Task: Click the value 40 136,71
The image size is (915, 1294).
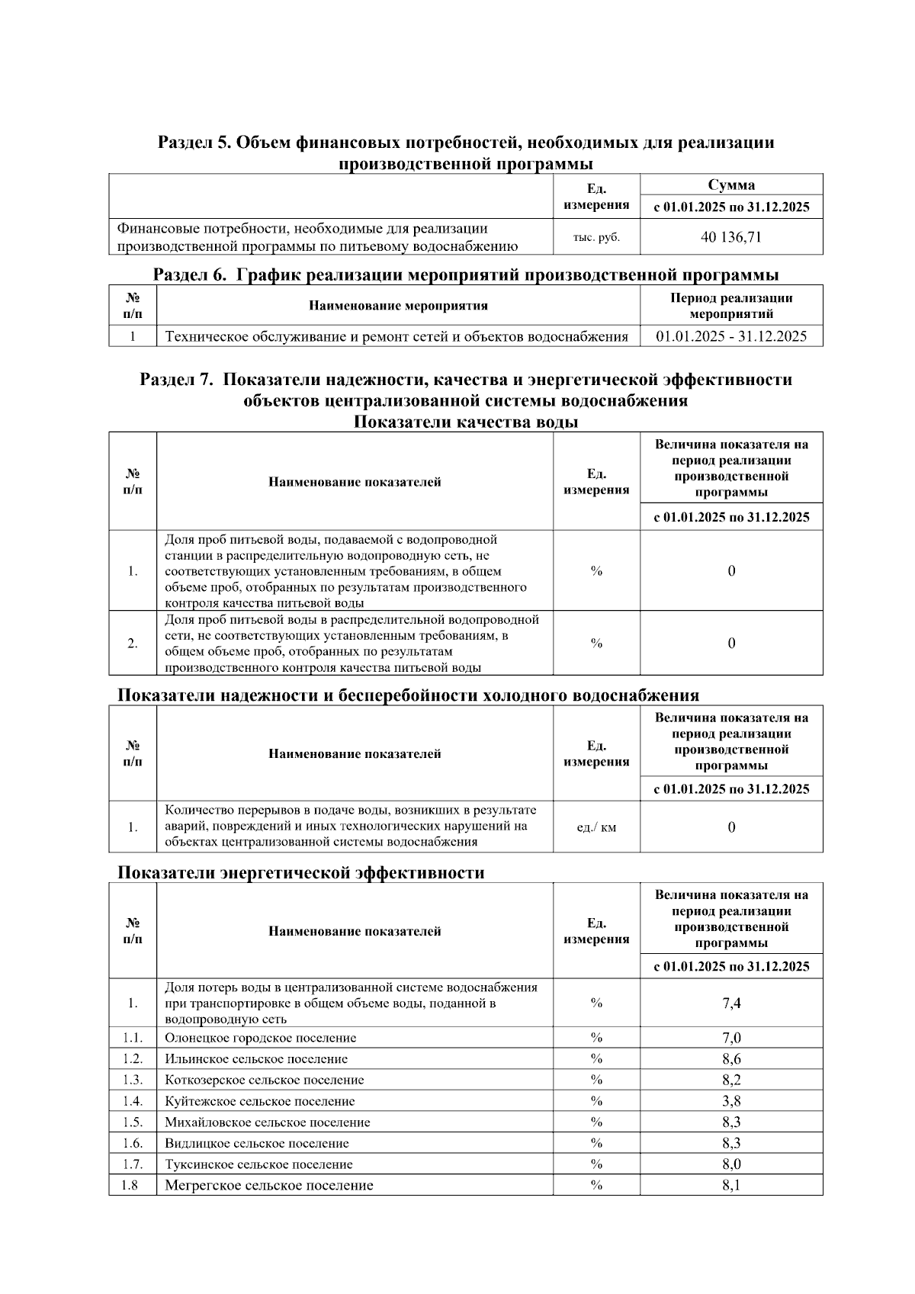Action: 730,237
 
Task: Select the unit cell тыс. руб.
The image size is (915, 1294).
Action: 596,237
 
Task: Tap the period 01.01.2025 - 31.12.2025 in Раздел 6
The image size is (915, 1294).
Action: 730,336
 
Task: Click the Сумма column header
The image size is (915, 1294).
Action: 730,185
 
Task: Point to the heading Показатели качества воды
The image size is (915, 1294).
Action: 465,422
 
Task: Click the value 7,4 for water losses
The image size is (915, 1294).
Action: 730,1003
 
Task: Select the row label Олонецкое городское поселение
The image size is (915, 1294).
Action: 260,1038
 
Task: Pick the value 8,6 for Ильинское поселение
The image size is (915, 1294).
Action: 730,1058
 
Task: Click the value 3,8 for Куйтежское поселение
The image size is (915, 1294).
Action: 730,1101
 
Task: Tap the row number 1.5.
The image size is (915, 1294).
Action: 133,1122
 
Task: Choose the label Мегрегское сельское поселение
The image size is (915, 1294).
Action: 268,1186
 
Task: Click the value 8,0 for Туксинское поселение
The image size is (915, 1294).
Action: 730,1164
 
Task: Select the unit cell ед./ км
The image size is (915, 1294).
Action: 596,827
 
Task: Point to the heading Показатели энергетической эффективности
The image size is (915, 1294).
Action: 300,873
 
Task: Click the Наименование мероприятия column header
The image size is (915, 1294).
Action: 398,306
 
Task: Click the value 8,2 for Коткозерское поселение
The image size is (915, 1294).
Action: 730,1080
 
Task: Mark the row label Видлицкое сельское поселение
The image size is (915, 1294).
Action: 256,1143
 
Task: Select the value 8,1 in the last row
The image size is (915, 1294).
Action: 730,1186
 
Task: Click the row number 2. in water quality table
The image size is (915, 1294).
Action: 133,644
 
